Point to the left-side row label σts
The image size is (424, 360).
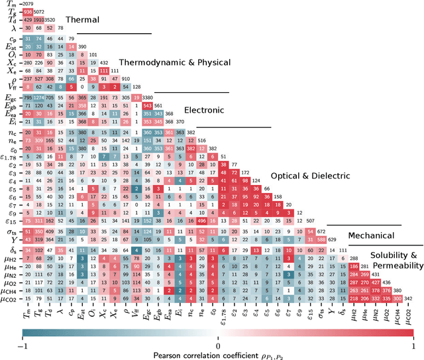tap(11, 231)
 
